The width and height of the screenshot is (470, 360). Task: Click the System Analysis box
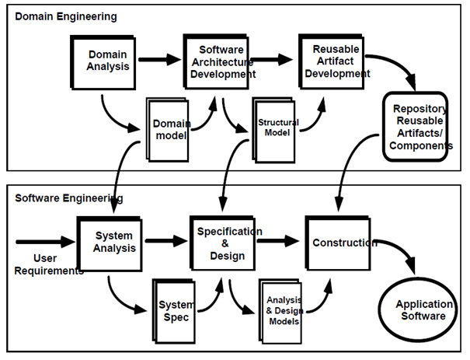(114, 242)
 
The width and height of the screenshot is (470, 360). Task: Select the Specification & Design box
(226, 243)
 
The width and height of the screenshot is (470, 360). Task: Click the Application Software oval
(420, 310)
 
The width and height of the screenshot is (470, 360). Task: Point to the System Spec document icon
(174, 310)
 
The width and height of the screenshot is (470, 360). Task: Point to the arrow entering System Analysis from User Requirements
(45, 242)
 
